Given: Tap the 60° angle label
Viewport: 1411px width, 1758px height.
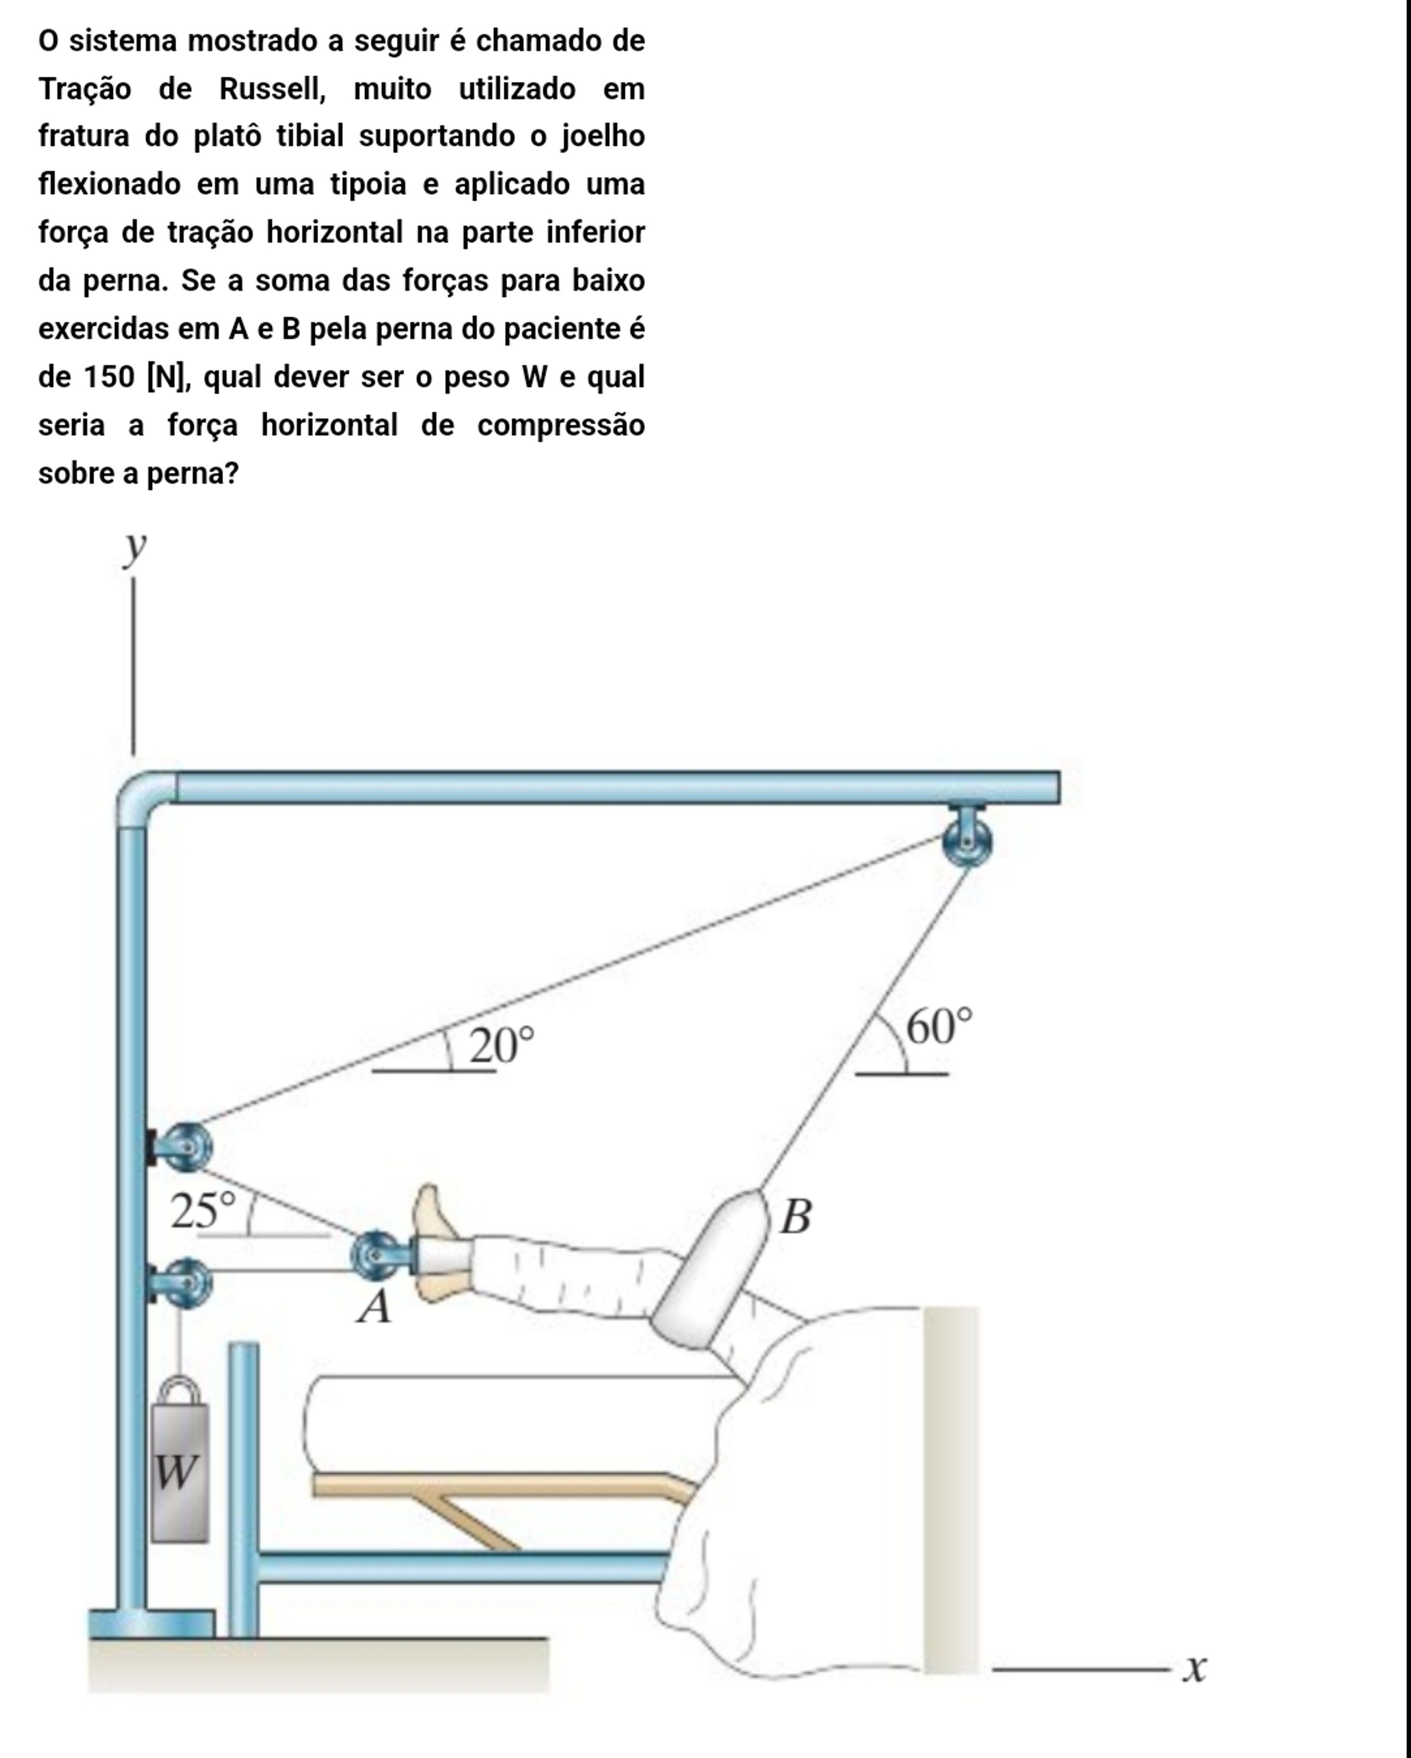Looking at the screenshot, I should coord(939,1026).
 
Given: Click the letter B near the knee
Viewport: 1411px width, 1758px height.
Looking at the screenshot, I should coord(795,1217).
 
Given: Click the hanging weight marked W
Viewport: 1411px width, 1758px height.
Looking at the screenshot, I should coord(179,1472).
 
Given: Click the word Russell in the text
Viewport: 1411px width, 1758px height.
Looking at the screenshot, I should coord(271,88).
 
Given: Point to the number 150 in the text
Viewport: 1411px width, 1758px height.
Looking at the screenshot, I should coord(109,377).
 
